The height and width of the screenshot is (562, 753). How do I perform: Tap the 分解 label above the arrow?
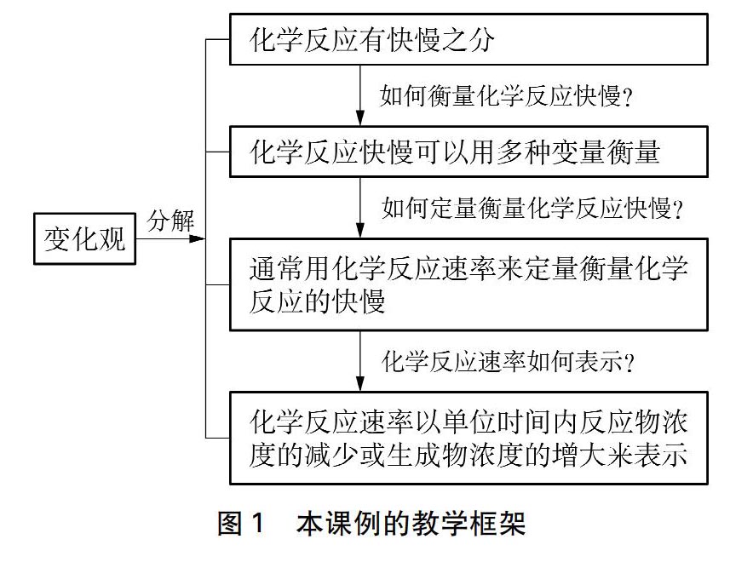(171, 221)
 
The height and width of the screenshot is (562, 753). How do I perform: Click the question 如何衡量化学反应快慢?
(506, 96)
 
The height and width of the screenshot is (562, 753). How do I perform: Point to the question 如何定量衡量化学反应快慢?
(532, 209)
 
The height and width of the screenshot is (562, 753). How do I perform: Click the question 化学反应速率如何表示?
(508, 361)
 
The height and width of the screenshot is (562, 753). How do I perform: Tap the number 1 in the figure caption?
(258, 523)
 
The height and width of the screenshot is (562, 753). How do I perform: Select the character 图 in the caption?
(229, 523)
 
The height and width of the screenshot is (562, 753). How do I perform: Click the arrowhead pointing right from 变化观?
(198, 238)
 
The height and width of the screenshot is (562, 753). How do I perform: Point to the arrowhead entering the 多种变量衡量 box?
(360, 118)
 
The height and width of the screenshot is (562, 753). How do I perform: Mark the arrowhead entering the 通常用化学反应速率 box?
(360, 231)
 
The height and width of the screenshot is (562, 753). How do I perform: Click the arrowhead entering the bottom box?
(360, 384)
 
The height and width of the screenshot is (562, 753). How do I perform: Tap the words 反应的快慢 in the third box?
(317, 301)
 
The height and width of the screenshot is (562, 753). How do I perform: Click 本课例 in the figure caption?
(344, 523)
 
